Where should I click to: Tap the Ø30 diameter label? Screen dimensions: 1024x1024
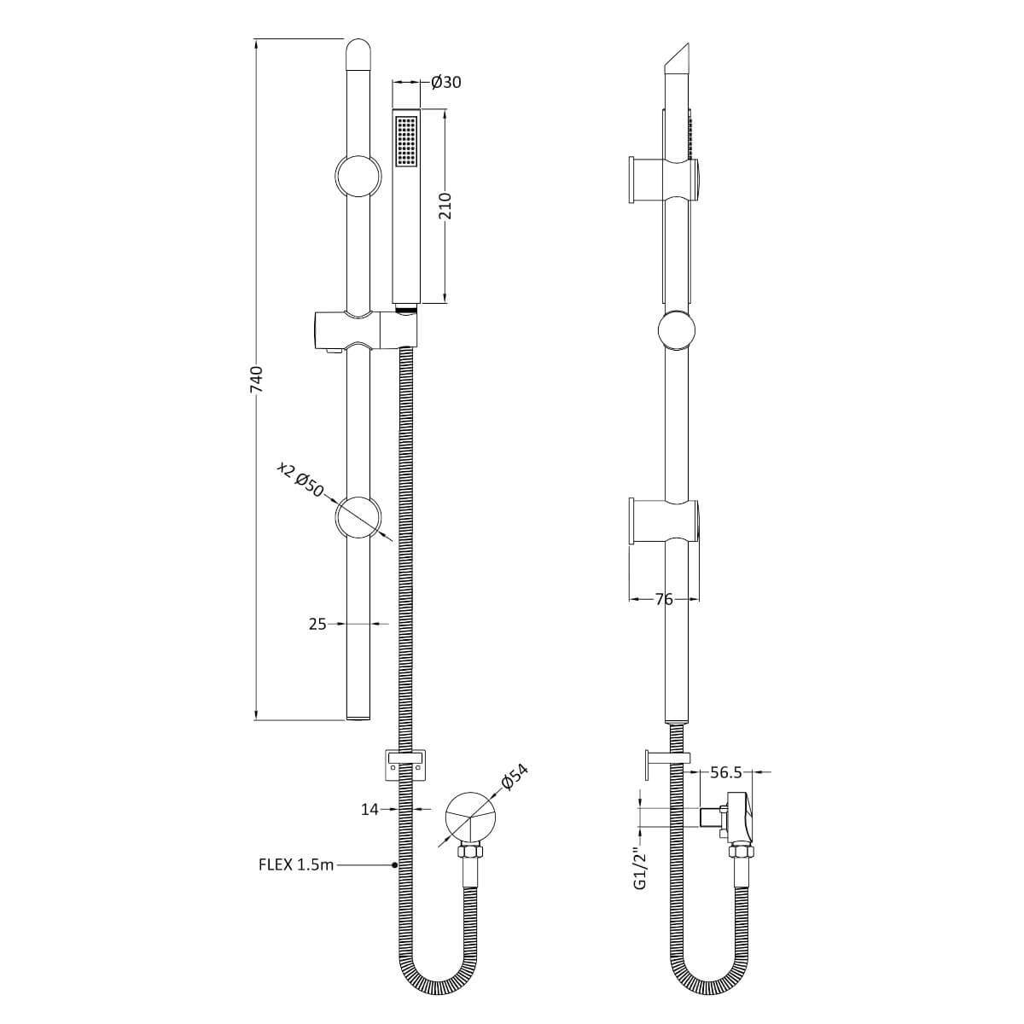pyautogui.click(x=446, y=82)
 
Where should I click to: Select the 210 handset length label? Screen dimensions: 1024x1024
pyautogui.click(x=445, y=207)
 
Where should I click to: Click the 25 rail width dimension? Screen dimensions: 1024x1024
pyautogui.click(x=317, y=625)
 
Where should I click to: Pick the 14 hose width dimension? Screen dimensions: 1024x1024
pyautogui.click(x=369, y=809)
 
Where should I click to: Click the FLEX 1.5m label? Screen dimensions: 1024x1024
pyautogui.click(x=296, y=864)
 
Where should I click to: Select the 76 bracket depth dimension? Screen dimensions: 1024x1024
pyautogui.click(x=664, y=600)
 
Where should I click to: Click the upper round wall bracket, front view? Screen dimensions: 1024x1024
pyautogui.click(x=358, y=177)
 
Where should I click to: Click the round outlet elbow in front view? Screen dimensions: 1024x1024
pyautogui.click(x=470, y=817)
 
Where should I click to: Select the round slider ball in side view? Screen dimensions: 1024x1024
pyautogui.click(x=677, y=332)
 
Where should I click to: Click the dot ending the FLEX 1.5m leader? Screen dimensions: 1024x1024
pyautogui.click(x=394, y=864)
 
